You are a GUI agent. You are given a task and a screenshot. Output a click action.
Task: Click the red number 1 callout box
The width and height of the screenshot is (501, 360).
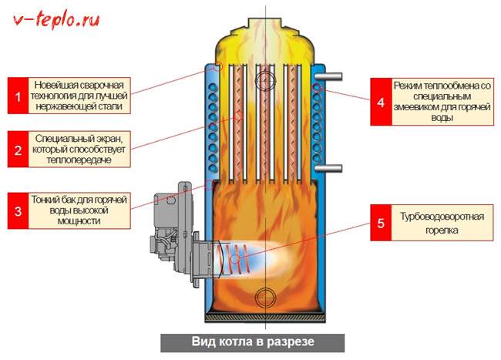pyautogui.click(x=18, y=96)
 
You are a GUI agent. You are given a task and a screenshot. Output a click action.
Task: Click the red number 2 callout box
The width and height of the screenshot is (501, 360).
pyautogui.click(x=18, y=150)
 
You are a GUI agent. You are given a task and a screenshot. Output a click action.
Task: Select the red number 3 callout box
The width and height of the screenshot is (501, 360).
pyautogui.click(x=18, y=210)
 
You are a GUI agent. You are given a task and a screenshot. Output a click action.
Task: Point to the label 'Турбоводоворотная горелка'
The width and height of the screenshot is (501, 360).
pyautogui.click(x=442, y=223)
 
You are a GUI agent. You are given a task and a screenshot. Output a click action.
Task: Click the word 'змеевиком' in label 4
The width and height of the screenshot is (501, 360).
pyautogui.click(x=423, y=99)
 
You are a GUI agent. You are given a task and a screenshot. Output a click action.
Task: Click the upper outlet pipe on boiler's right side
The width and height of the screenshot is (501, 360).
pyautogui.click(x=331, y=76)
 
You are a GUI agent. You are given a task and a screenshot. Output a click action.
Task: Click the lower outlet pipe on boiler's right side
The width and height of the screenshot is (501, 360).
pyautogui.click(x=331, y=167)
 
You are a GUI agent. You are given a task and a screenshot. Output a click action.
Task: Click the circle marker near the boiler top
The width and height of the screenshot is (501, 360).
pyautogui.click(x=267, y=79)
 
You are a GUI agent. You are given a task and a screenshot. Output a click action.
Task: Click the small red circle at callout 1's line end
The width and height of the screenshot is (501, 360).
pyautogui.click(x=218, y=66)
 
